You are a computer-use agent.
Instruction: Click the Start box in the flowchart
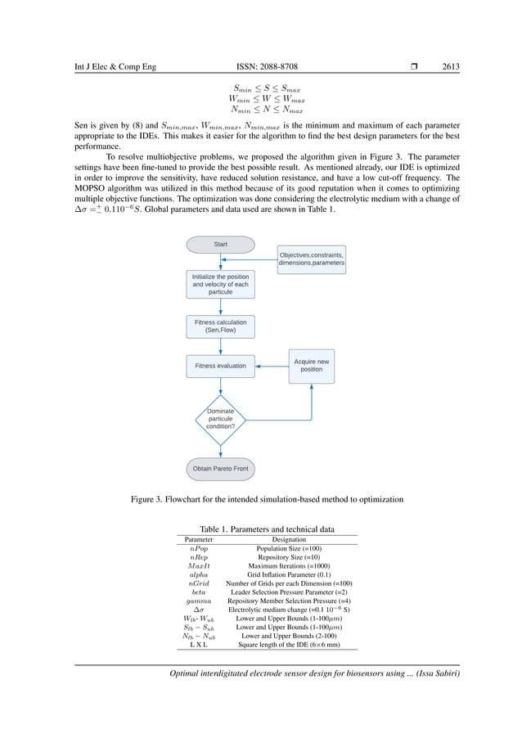pyautogui.click(x=220, y=244)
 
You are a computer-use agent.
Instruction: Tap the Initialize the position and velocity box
pyautogui.click(x=220, y=285)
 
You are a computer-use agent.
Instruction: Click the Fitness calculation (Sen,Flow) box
pyautogui.click(x=220, y=326)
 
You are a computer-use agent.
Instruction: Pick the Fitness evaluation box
pyautogui.click(x=220, y=366)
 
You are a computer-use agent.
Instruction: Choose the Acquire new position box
pyautogui.click(x=311, y=366)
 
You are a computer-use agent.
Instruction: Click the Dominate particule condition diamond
pyautogui.click(x=220, y=418)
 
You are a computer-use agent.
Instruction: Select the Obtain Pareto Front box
pyautogui.click(x=220, y=469)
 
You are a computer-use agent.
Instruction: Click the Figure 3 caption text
pyautogui.click(x=267, y=499)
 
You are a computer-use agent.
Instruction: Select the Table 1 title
pyautogui.click(x=267, y=529)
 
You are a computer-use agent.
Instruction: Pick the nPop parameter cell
pyautogui.click(x=198, y=549)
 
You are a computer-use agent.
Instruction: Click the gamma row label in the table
pyautogui.click(x=198, y=600)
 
